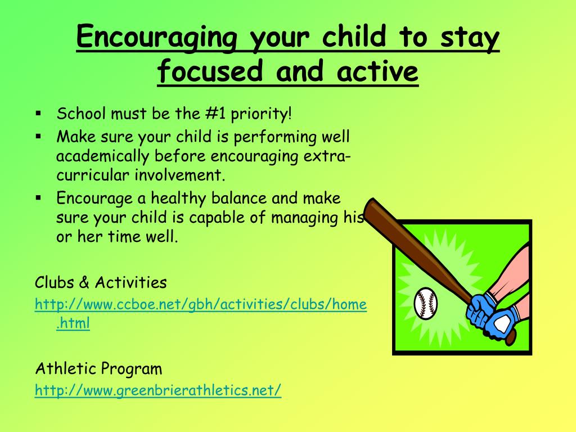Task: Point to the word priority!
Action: pyautogui.click(x=261, y=114)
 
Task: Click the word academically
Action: pyautogui.click(x=102, y=156)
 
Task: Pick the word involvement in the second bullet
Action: pyautogui.click(x=179, y=175)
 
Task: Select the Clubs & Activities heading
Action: pyautogui.click(x=101, y=282)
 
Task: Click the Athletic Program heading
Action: pyautogui.click(x=98, y=368)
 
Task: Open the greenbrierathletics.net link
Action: pyautogui.click(x=158, y=390)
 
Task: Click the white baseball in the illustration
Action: pyautogui.click(x=426, y=303)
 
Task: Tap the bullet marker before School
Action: pyautogui.click(x=39, y=114)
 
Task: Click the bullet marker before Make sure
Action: pyautogui.click(x=39, y=137)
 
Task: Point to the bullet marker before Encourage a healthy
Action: pyautogui.click(x=39, y=199)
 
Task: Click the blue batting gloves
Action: pyautogui.click(x=492, y=316)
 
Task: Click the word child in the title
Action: pyautogui.click(x=355, y=37)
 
